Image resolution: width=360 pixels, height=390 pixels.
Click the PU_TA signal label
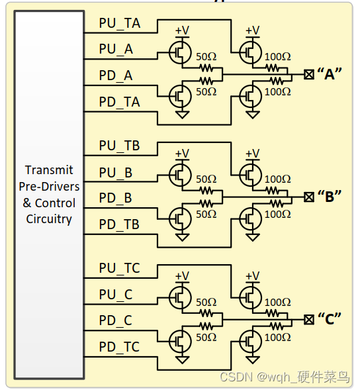pyautogui.click(x=119, y=23)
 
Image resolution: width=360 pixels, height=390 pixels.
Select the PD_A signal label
pyautogui.click(x=116, y=75)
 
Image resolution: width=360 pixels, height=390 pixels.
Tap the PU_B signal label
pyautogui.click(x=116, y=173)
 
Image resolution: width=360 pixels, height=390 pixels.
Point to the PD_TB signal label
pyautogui.click(x=119, y=224)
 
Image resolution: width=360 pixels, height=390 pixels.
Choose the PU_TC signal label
pyautogui.click(x=119, y=268)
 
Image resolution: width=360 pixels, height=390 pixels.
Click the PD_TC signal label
pyautogui.click(x=119, y=346)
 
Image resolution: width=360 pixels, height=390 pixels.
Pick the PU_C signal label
pyautogui.click(x=116, y=295)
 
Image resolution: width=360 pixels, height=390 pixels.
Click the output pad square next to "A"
pyautogui.click(x=308, y=74)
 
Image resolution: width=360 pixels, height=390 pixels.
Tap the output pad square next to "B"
pyautogui.click(x=308, y=197)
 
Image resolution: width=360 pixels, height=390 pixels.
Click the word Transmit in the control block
pyautogui.click(x=49, y=170)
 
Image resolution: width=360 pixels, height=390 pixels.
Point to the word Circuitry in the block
pyautogui.click(x=49, y=219)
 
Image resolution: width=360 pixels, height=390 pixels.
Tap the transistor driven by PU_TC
pyautogui.click(x=250, y=296)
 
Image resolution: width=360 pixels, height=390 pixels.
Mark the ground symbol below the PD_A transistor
pyautogui.click(x=181, y=115)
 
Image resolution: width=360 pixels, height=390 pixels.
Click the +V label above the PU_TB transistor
pyautogui.click(x=252, y=153)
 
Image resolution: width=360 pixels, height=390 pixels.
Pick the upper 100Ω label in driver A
pyautogui.click(x=277, y=57)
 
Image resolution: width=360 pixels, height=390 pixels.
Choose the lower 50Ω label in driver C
pyautogui.click(x=206, y=337)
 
